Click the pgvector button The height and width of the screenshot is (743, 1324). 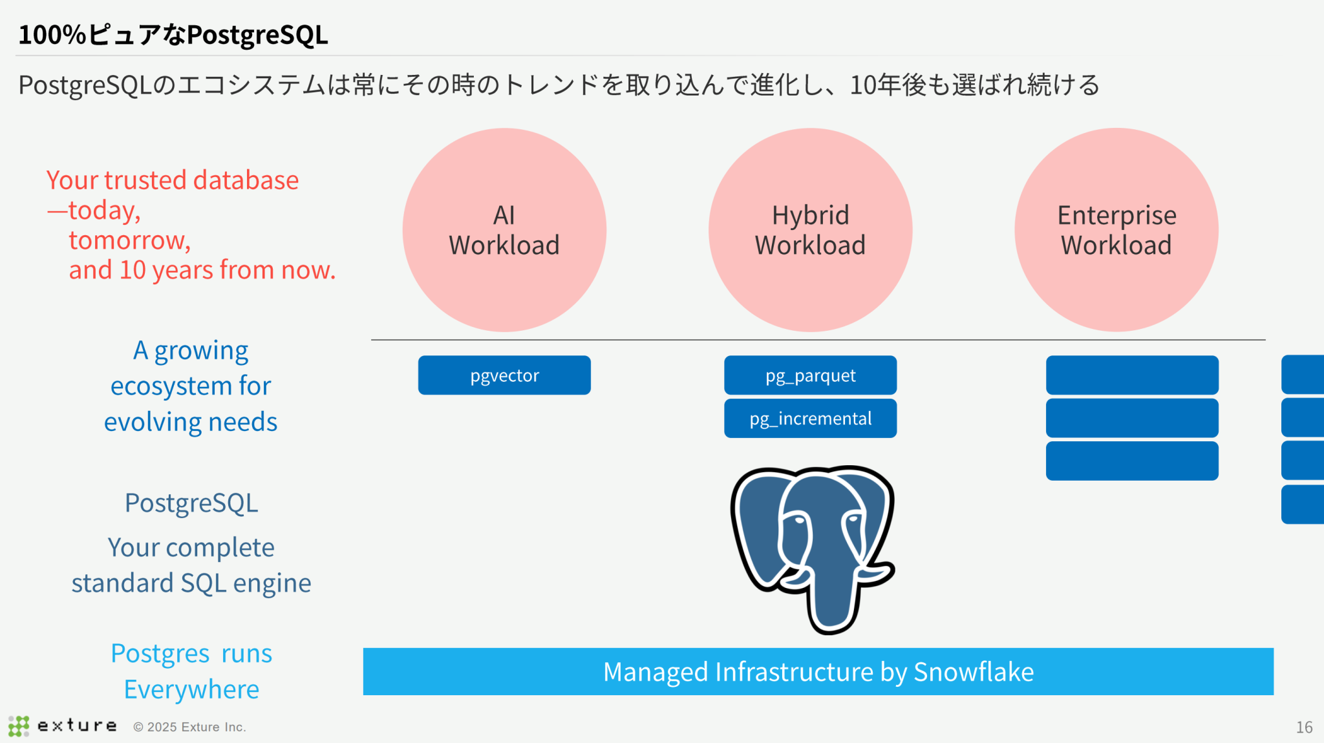coord(504,375)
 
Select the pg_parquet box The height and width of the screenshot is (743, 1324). coord(810,375)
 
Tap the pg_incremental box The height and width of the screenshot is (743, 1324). coord(810,419)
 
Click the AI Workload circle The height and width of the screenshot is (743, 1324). coord(504,230)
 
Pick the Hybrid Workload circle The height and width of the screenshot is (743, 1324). coord(810,230)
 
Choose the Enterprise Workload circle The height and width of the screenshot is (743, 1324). coord(1116,230)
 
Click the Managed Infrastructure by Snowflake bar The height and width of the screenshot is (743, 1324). coord(818,672)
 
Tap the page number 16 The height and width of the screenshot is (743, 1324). coord(1304,727)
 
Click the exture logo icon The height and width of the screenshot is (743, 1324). coord(19,726)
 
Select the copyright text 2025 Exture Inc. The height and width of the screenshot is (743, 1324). coord(189,727)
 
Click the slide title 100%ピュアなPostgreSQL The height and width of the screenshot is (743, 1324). coord(173,35)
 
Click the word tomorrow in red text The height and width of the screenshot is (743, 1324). coord(130,240)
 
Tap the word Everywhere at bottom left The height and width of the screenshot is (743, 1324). coord(191,689)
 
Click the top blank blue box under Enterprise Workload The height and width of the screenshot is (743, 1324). coord(1132,375)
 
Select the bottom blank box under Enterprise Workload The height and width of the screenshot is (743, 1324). coord(1132,461)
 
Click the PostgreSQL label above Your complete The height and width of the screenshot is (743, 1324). coord(191,503)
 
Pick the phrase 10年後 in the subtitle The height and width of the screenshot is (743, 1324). coord(887,85)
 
